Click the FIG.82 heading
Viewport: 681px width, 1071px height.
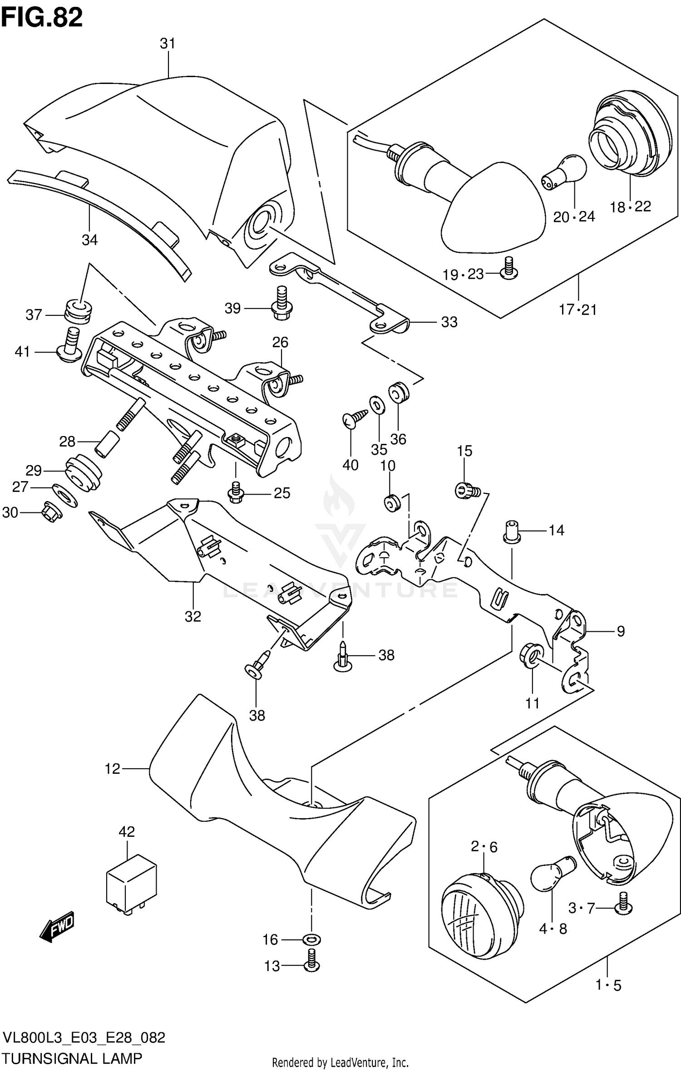point(42,18)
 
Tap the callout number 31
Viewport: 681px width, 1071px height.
point(168,44)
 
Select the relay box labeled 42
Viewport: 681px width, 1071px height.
point(131,884)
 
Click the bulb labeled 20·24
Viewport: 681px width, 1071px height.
point(563,171)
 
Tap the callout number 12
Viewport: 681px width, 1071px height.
point(112,768)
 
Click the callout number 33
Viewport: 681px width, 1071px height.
point(449,322)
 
